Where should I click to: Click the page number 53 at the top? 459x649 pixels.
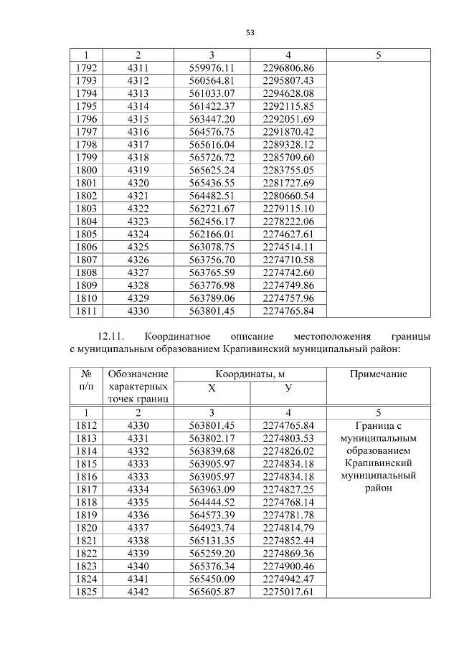(250, 32)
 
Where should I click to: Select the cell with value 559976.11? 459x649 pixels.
(212, 68)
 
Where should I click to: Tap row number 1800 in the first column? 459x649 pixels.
(86, 170)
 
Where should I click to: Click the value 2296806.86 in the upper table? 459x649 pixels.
(288, 68)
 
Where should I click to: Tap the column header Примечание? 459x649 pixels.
(378, 374)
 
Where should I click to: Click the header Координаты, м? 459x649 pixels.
(250, 374)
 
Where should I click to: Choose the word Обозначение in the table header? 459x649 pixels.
(138, 374)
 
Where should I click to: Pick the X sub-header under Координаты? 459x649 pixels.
(212, 388)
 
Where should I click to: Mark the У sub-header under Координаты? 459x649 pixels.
(288, 388)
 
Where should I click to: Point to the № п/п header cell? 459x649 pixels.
(86, 381)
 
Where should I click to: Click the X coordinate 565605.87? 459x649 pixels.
(212, 592)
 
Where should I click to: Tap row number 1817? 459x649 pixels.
(86, 491)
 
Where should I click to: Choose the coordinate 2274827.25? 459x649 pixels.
(288, 491)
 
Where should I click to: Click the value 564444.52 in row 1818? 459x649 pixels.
(212, 503)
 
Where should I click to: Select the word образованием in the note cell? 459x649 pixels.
(378, 451)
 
